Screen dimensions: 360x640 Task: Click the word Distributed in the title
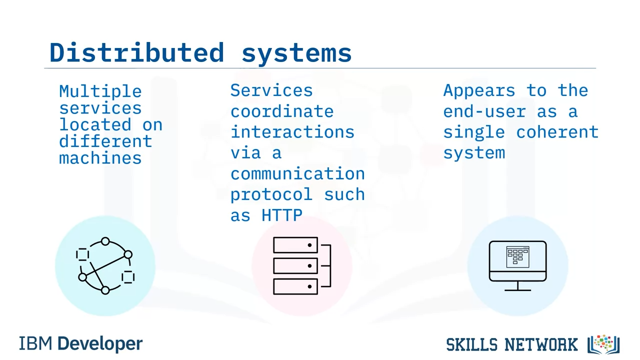136,52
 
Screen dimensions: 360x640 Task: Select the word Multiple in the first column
100,91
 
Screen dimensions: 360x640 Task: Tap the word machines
100,158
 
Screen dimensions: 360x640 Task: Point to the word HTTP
282,215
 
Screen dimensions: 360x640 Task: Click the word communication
297,173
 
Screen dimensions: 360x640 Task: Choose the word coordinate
281,111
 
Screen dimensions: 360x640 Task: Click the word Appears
479,90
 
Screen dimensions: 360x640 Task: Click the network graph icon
105,266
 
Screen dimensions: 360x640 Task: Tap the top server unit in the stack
295,245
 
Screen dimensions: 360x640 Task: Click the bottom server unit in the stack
295,286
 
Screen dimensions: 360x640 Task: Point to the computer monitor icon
517,261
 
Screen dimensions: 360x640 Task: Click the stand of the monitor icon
517,286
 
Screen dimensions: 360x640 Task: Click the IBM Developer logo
80,343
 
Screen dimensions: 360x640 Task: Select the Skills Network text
511,344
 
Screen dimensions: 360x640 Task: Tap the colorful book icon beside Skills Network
604,344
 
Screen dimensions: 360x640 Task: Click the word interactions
292,132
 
